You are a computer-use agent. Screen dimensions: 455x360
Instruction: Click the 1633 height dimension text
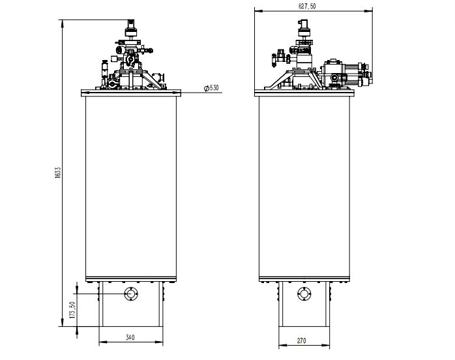pyautogui.click(x=58, y=172)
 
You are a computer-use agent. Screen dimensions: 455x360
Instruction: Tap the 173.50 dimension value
pyautogui.click(x=72, y=310)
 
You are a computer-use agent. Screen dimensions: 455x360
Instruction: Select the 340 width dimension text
pyautogui.click(x=130, y=337)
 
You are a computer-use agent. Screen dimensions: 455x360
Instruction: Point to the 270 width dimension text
pyautogui.click(x=302, y=340)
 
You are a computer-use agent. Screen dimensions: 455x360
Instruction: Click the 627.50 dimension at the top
pyautogui.click(x=307, y=6)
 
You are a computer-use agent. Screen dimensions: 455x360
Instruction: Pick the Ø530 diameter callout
pyautogui.click(x=211, y=87)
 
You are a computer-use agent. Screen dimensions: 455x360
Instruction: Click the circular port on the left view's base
pyautogui.click(x=131, y=294)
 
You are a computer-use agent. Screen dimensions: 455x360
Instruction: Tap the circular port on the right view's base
pyautogui.click(x=304, y=294)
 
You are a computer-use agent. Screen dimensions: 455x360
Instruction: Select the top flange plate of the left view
pyautogui.click(x=131, y=93)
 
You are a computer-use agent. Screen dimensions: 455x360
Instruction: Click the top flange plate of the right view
pyautogui.click(x=304, y=93)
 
